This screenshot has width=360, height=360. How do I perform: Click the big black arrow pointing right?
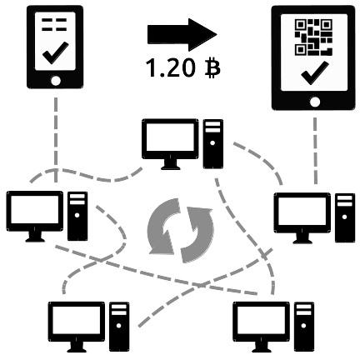tap(182, 35)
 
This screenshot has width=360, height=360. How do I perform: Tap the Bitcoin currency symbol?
tap(212, 68)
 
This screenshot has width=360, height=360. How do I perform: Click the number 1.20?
tap(170, 68)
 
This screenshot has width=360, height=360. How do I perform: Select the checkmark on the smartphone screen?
tap(56, 52)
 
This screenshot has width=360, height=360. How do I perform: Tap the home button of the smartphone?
tap(56, 81)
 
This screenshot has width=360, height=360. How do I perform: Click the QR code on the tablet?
tap(313, 37)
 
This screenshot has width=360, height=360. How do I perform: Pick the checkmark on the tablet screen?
tap(315, 73)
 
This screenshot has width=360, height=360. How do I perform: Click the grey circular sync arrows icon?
tap(181, 230)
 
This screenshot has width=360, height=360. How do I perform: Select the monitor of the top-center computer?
tap(170, 144)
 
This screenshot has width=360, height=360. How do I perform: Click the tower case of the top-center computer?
tap(213, 144)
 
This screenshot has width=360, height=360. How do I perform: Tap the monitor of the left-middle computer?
tap(35, 216)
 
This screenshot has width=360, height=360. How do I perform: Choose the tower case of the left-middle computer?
tap(77, 216)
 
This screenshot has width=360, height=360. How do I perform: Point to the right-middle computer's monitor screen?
tap(302, 211)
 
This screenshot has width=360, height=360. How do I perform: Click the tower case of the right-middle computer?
tap(345, 217)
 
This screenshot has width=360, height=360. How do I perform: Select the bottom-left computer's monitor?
tap(77, 327)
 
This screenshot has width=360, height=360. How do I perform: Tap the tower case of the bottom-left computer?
tap(119, 327)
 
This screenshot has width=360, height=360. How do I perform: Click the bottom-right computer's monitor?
tap(261, 327)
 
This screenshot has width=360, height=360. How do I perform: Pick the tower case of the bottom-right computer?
tap(304, 327)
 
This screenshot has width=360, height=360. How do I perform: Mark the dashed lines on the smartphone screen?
tap(54, 24)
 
